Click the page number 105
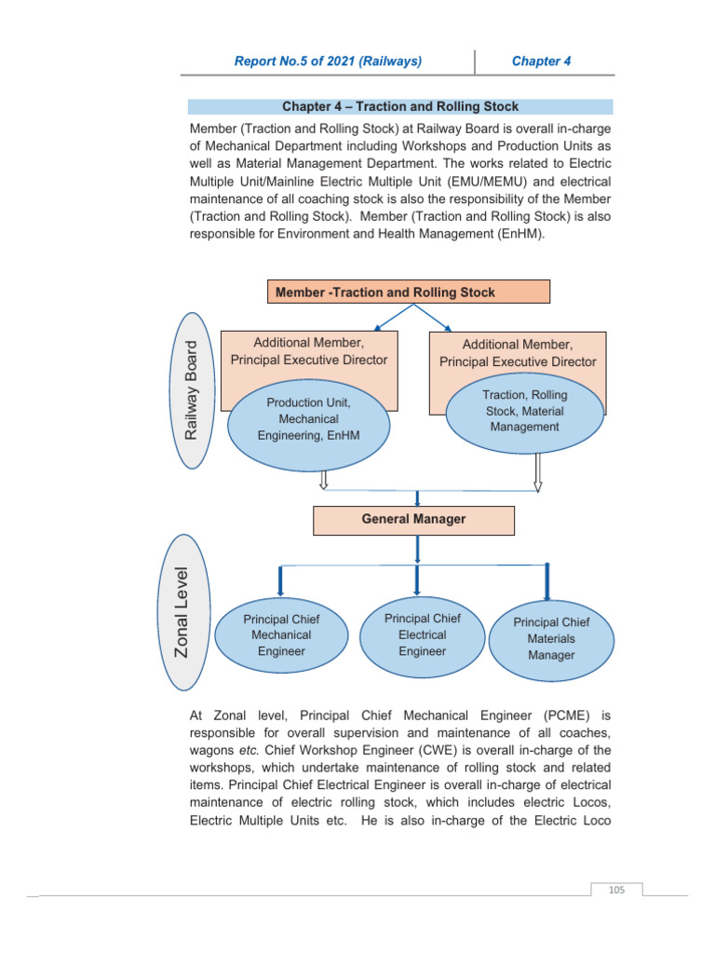coord(615,890)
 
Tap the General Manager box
coord(413,520)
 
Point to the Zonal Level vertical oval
coord(183,611)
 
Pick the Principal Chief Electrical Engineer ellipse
coord(422,634)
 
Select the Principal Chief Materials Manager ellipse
coord(551,638)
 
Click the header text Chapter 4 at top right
coord(541,61)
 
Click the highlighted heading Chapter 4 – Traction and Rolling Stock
coord(400,107)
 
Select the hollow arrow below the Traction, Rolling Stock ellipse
coord(537,473)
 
